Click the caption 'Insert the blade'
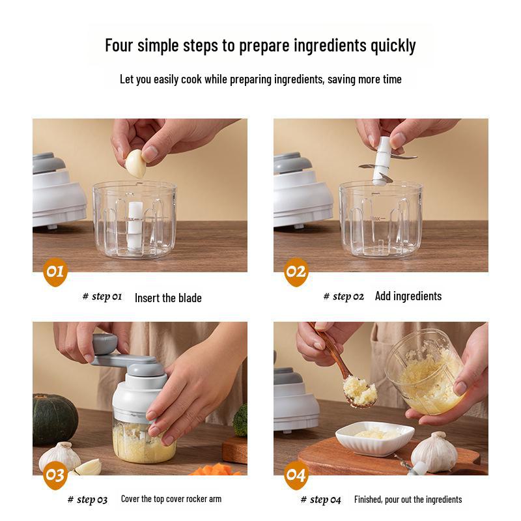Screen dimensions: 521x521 (168, 298)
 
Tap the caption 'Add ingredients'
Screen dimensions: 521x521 (408, 296)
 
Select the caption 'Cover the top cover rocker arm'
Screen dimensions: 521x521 (171, 499)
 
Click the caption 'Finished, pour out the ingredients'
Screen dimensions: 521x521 (408, 500)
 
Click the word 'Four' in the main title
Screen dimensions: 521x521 (120, 46)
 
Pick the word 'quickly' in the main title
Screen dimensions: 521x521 (393, 46)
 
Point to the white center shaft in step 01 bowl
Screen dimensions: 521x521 (135, 225)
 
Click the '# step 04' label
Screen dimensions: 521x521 (320, 500)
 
